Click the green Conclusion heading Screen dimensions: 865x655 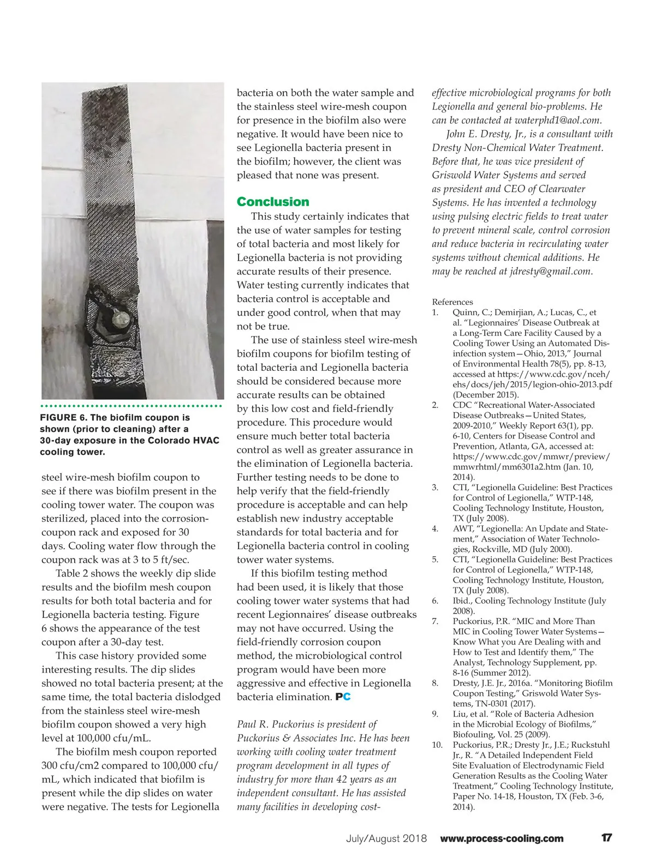[272, 202]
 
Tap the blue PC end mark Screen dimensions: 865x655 [343, 697]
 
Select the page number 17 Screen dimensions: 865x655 [606, 838]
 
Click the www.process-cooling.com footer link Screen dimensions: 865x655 [502, 839]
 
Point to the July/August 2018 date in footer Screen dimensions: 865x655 [386, 839]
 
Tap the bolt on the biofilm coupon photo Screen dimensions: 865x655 [120, 317]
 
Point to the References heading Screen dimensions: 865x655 [452, 302]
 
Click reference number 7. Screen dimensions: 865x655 [435, 621]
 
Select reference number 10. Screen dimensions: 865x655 [437, 745]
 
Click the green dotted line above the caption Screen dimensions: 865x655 [131, 406]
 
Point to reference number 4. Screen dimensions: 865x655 [435, 528]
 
